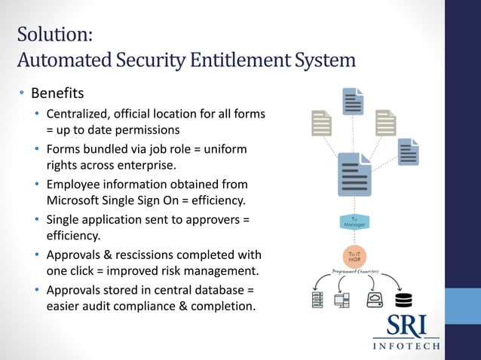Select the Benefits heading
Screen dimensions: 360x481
[x=57, y=95]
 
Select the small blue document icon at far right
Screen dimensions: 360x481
[x=409, y=153]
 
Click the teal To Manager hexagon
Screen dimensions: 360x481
[x=354, y=223]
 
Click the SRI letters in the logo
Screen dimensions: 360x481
[x=407, y=326]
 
